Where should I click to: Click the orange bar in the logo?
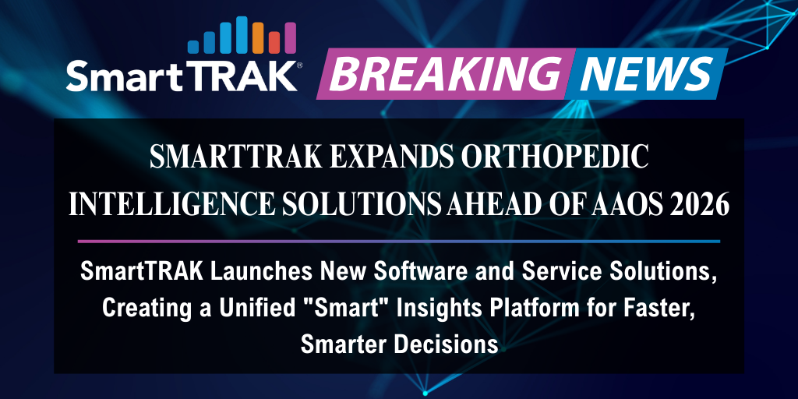258,37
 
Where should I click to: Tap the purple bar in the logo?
290,38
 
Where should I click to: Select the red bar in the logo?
274,42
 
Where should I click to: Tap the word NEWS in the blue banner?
646,73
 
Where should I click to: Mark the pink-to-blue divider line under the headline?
398,241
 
